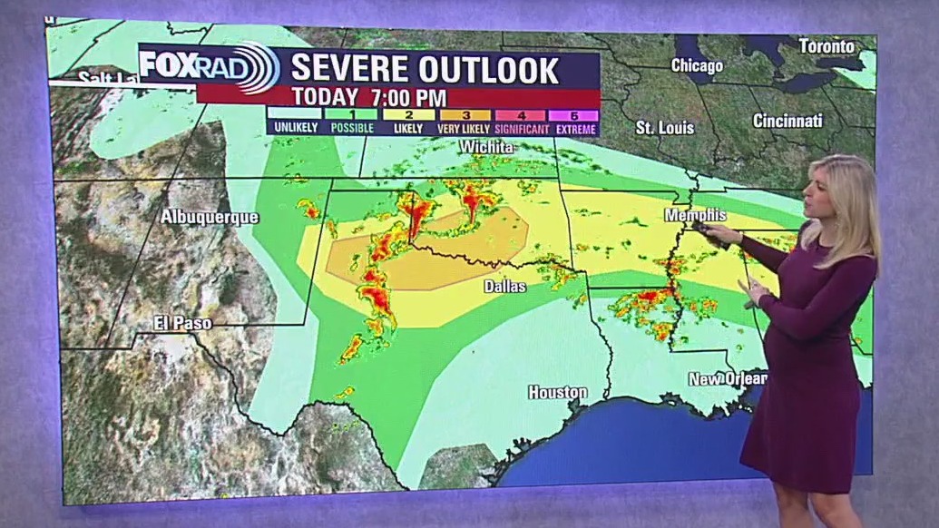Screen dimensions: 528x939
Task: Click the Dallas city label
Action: [x=504, y=286]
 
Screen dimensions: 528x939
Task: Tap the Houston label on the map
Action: [x=558, y=393]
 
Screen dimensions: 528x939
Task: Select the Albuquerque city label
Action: [x=210, y=217]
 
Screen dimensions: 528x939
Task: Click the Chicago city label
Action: [x=697, y=65]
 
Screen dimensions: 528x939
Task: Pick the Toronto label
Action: [x=826, y=46]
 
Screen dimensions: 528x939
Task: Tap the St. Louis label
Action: [x=664, y=128]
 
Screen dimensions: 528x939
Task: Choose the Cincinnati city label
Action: [x=787, y=121]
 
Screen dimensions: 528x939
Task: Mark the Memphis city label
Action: [x=695, y=215]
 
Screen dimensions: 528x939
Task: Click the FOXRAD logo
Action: [x=209, y=68]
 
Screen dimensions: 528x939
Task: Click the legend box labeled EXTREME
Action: [x=573, y=122]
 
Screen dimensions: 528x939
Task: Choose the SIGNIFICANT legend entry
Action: [x=520, y=122]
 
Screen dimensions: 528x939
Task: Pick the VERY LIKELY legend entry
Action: [x=464, y=122]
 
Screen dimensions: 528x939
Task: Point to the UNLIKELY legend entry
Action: [x=296, y=122]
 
